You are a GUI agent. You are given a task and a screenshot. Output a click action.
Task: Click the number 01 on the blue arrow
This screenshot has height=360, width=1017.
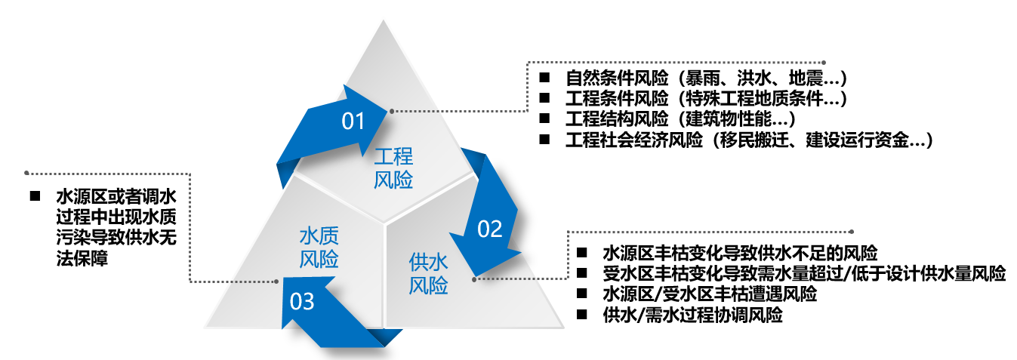click(x=353, y=121)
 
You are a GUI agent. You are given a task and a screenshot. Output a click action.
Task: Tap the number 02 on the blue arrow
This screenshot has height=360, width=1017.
click(x=489, y=229)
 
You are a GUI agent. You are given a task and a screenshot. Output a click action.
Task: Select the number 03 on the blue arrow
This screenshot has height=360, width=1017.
click(x=301, y=302)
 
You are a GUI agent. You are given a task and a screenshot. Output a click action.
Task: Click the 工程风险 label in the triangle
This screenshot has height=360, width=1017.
click(x=393, y=168)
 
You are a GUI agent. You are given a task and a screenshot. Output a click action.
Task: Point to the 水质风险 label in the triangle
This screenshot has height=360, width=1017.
click(x=319, y=247)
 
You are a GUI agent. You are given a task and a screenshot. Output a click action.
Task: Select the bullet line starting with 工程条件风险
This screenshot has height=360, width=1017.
click(x=705, y=98)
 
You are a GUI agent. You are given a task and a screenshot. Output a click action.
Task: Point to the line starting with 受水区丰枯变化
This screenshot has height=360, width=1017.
click(x=804, y=272)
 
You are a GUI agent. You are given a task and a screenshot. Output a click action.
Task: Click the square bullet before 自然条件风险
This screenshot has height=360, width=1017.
click(x=544, y=78)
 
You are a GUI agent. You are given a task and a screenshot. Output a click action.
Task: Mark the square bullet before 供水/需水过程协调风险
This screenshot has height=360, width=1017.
click(x=581, y=314)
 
